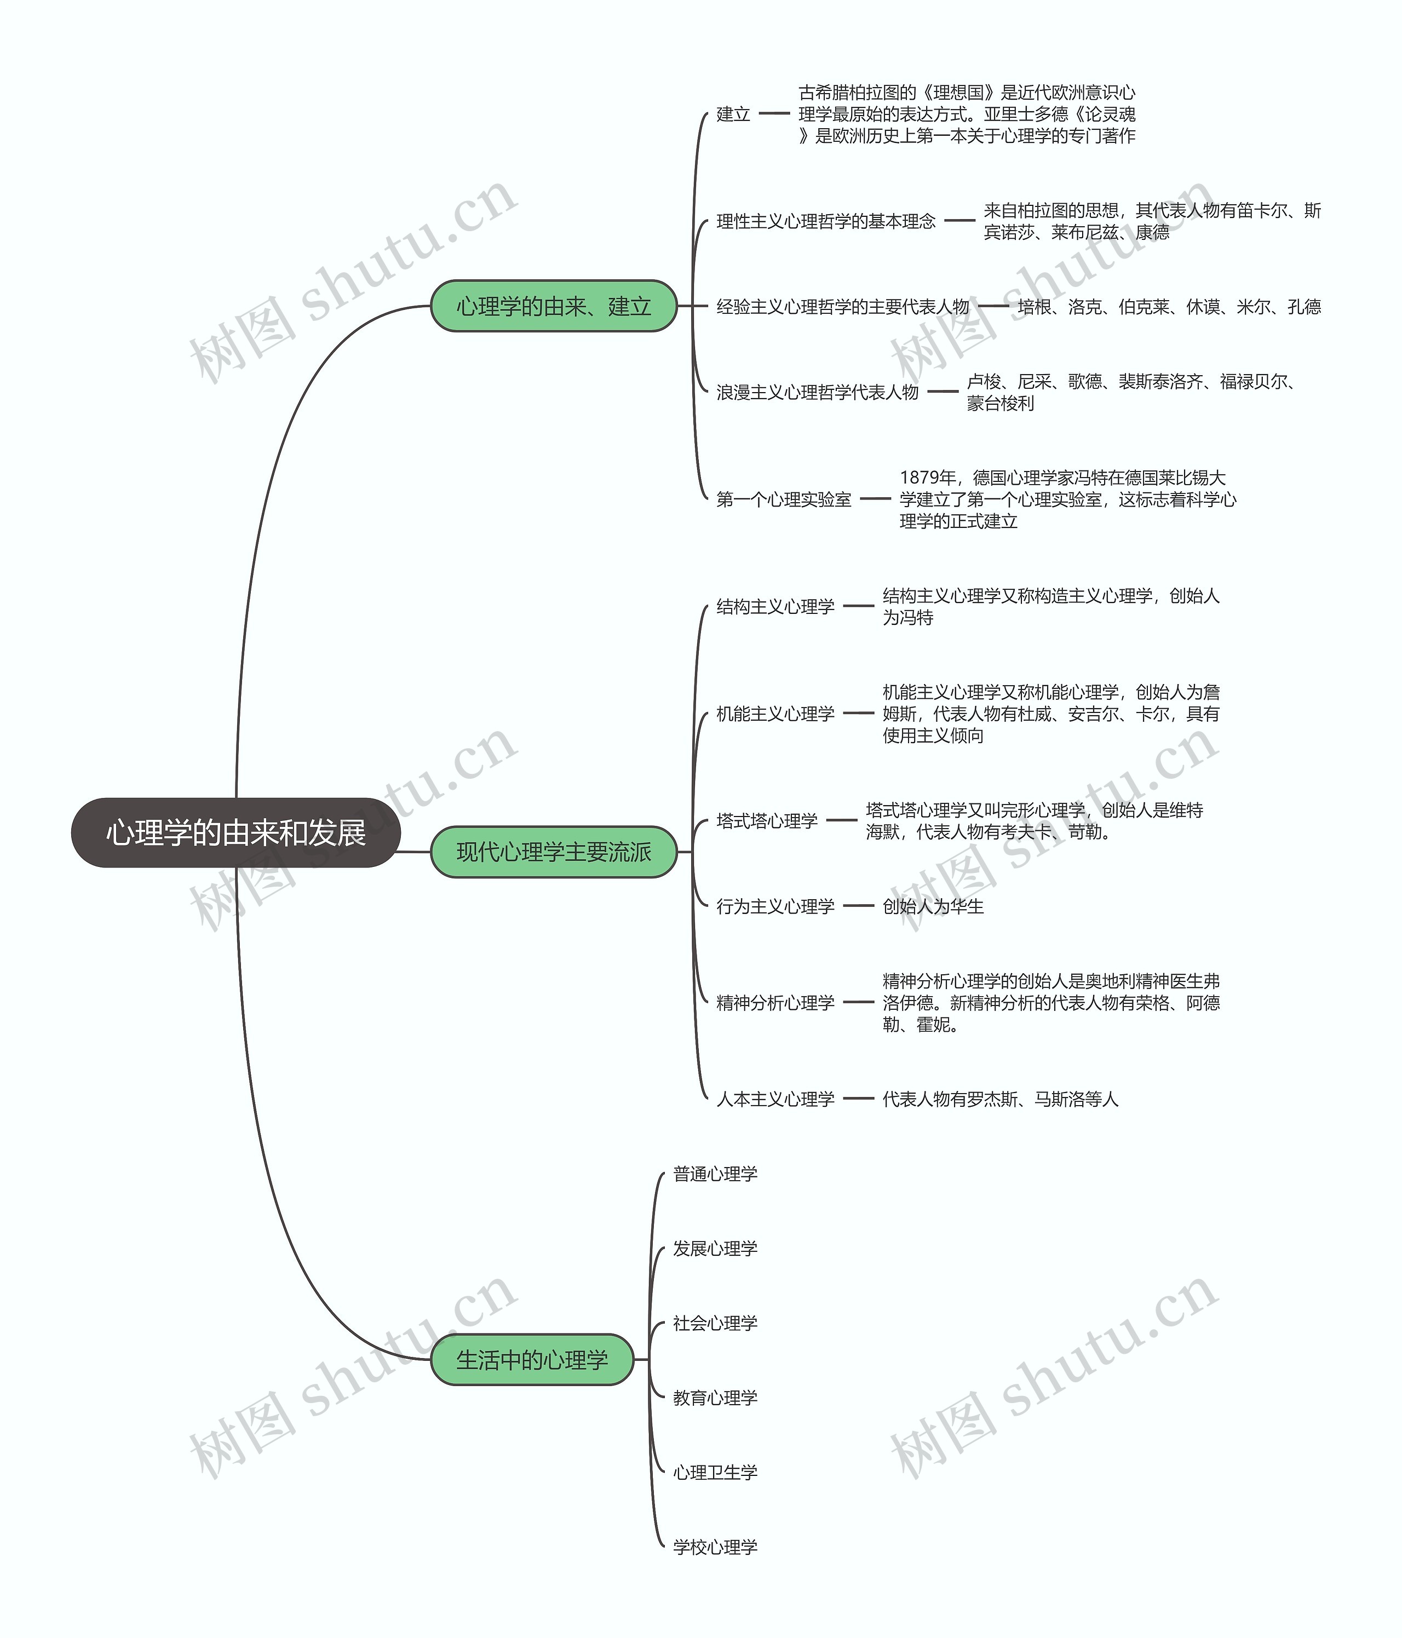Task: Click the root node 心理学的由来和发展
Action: [x=235, y=832]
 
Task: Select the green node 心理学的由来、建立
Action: [x=554, y=306]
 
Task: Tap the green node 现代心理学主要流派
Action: [x=554, y=852]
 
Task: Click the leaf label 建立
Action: [x=733, y=114]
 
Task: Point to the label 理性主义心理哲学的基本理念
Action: [x=825, y=221]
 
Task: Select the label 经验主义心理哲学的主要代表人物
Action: [x=842, y=307]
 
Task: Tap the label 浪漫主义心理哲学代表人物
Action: [x=817, y=392]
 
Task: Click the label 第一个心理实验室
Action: [x=784, y=499]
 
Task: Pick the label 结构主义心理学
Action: [x=775, y=606]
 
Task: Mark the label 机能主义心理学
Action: [x=775, y=714]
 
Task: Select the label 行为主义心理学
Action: [x=775, y=906]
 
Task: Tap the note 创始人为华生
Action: [x=933, y=906]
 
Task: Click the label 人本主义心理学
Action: [x=775, y=1099]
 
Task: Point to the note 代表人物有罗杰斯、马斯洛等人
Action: [x=1001, y=1099]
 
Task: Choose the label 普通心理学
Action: [x=715, y=1174]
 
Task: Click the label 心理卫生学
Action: [x=715, y=1472]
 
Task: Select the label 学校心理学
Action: [x=715, y=1547]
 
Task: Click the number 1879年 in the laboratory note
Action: [x=928, y=478]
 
